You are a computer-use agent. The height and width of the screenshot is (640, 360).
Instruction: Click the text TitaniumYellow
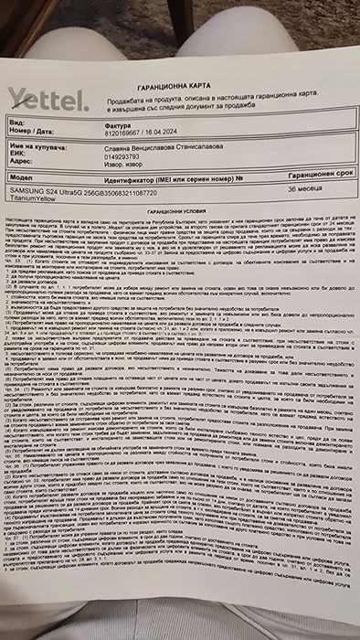tap(32, 197)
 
